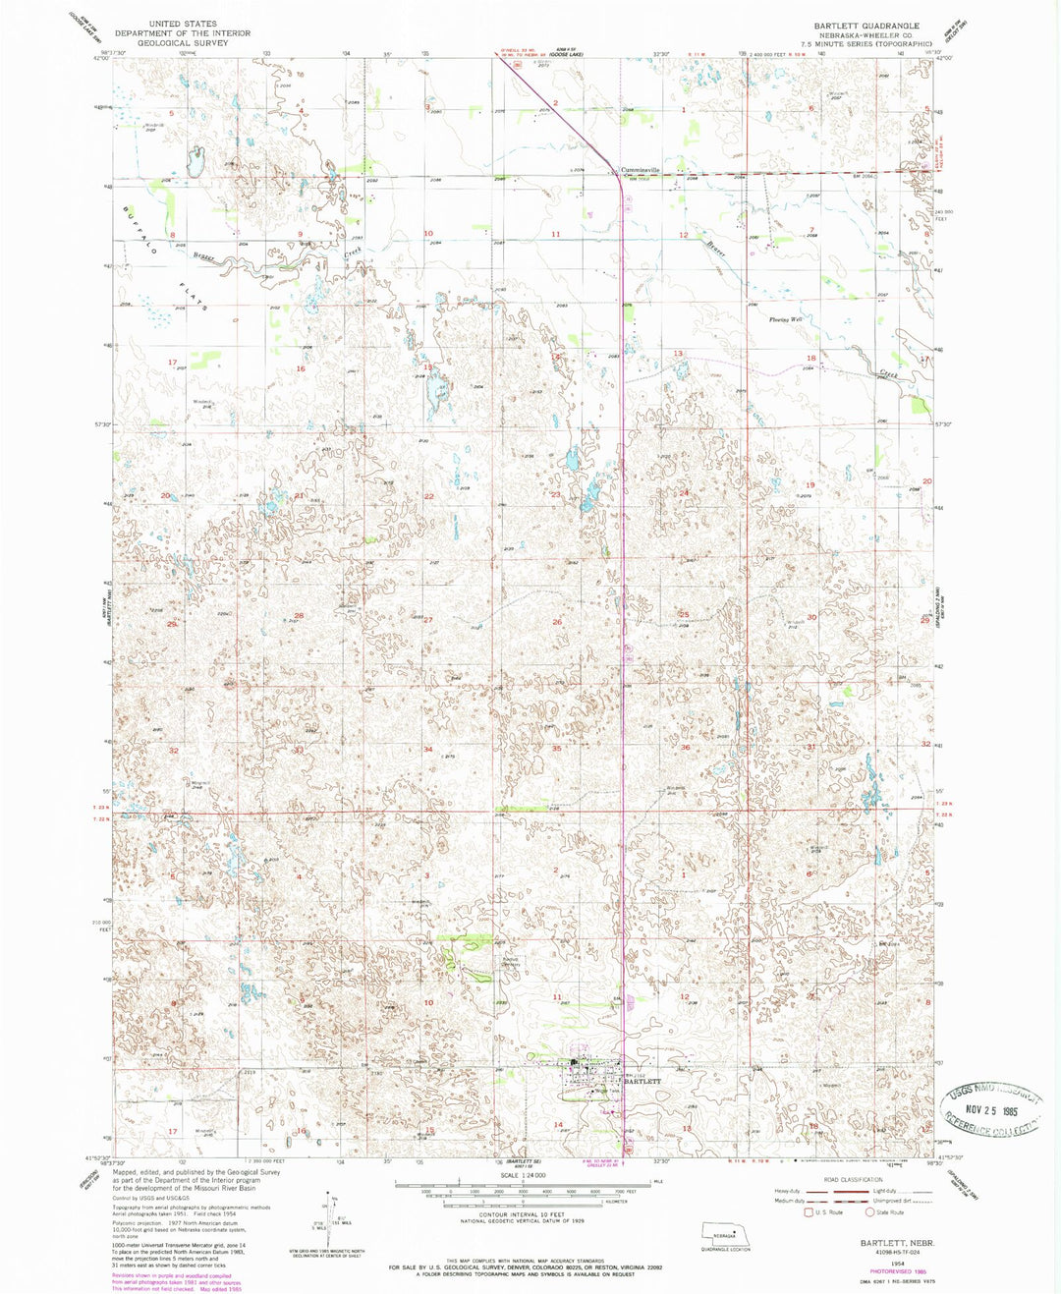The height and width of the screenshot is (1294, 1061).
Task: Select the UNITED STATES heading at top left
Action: [x=183, y=23]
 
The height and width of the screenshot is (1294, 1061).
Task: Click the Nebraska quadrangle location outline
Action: [x=726, y=1233]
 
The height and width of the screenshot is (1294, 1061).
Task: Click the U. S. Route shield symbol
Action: [x=809, y=1211]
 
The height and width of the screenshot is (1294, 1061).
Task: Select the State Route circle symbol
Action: [x=869, y=1211]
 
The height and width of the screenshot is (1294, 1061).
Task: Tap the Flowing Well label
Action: [x=786, y=319]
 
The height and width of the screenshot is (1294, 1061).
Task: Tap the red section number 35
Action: [x=556, y=749]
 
